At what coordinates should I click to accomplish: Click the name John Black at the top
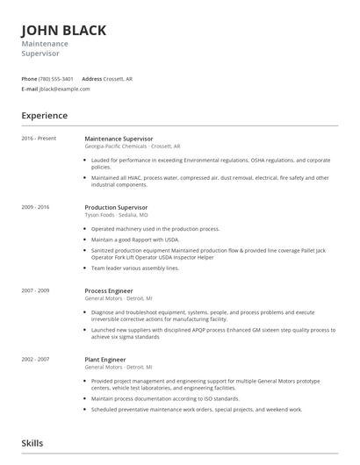[x=64, y=30]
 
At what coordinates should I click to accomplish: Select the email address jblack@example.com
[x=65, y=89]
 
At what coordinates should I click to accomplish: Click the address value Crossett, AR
[x=119, y=79]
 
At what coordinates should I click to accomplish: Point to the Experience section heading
[x=44, y=116]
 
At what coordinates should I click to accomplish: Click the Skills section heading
[x=32, y=444]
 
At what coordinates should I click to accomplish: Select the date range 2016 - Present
[x=39, y=139]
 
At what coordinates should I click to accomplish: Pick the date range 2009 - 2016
[x=35, y=207]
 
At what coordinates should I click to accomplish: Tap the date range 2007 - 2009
[x=35, y=290]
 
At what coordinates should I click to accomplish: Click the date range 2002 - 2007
[x=35, y=359]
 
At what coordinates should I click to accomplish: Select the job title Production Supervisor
[x=116, y=207]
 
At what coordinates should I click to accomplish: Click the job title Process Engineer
[x=109, y=290]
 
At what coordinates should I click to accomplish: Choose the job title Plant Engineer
[x=106, y=359]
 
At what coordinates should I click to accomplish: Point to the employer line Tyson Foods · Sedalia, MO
[x=116, y=215]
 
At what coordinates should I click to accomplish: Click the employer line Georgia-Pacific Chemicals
[x=132, y=147]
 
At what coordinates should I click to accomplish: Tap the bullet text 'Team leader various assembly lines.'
[x=135, y=268]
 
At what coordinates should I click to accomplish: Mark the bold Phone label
[x=29, y=79]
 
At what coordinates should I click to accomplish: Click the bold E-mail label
[x=30, y=89]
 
